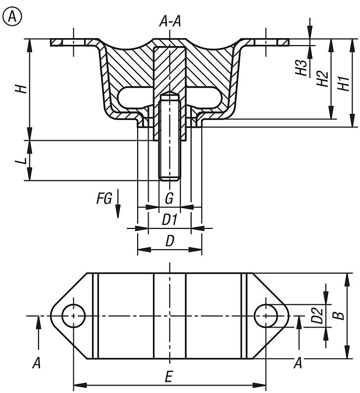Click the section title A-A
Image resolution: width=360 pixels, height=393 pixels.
[x=170, y=21]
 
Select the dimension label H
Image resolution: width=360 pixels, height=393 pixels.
[x=20, y=89]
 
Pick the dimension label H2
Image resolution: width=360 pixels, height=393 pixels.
[x=322, y=79]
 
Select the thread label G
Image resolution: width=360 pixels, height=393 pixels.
[x=169, y=199]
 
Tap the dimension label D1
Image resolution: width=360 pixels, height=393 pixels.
[x=170, y=220]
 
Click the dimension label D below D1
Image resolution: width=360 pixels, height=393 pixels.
[x=170, y=242]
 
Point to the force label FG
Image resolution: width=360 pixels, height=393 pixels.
[x=103, y=199]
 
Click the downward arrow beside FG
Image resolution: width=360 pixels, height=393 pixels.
[x=118, y=205]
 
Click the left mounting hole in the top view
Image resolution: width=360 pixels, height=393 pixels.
[x=74, y=315]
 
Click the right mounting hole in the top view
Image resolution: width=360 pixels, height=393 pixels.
[x=266, y=315]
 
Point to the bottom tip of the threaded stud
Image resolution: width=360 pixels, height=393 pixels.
[x=169, y=179]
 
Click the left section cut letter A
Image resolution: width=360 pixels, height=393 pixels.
[x=36, y=363]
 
